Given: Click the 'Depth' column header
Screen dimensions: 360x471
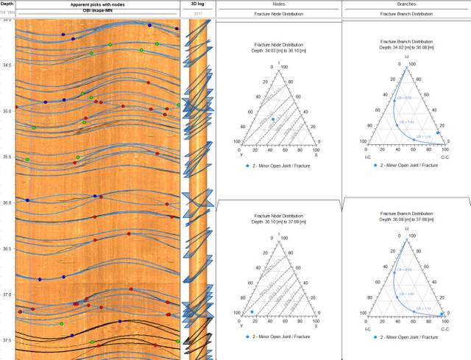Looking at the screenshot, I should point(7,4).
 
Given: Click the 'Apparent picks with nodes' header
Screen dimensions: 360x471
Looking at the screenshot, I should point(97,4).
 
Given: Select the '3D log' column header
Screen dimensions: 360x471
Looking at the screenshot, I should point(196,4).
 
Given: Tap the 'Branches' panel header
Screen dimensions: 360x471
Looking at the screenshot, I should point(406,4).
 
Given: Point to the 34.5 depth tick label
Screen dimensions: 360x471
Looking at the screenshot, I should point(7,66).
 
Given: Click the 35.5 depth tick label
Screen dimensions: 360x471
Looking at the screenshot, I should point(7,157).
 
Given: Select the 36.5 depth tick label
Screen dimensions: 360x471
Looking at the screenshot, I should point(7,249).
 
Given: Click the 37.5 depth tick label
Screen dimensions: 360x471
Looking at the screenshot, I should point(7,340).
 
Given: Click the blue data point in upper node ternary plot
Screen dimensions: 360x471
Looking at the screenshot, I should point(273,119).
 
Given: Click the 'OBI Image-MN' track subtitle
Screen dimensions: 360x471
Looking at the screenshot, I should point(97,13).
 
